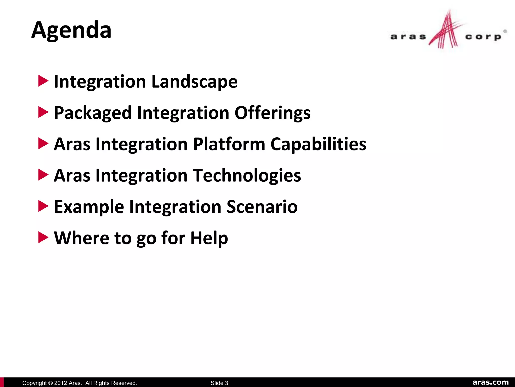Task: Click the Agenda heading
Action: [71, 30]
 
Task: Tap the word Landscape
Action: [194, 82]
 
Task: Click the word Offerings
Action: [273, 113]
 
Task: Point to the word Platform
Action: [229, 144]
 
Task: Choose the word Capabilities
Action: [318, 144]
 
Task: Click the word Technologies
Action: [247, 175]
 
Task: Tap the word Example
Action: [89, 207]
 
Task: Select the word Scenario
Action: [262, 207]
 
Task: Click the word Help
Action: [209, 238]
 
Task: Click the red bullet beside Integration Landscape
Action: [43, 81]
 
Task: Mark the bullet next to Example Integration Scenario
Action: [43, 206]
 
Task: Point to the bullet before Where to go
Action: [43, 237]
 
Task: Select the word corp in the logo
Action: [483, 37]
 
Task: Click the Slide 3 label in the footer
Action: [219, 383]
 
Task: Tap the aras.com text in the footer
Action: [491, 382]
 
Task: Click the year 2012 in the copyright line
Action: [60, 383]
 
